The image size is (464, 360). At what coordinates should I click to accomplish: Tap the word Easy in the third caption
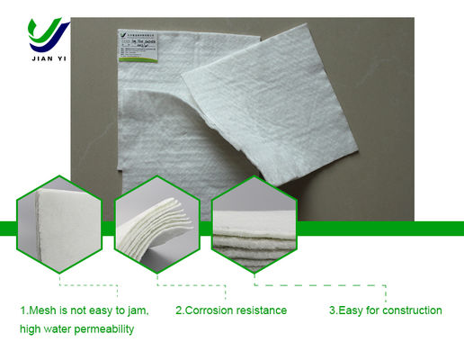352,310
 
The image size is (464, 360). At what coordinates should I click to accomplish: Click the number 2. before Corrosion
179,310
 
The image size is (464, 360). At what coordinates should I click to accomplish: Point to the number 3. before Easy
333,310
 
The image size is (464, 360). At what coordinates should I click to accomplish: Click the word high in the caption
31,329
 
